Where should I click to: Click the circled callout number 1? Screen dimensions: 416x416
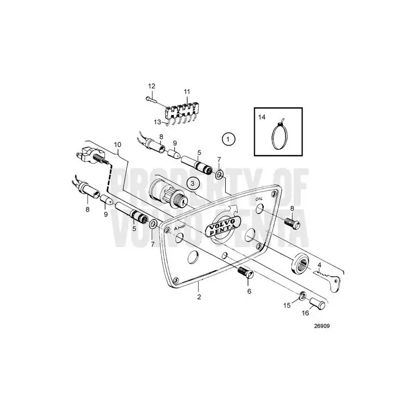(x=228, y=139)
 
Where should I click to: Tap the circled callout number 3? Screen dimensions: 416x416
(x=193, y=184)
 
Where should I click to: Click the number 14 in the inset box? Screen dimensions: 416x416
(x=262, y=117)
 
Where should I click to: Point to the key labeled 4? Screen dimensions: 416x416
(x=327, y=279)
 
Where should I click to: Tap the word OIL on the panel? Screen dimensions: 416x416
(x=258, y=199)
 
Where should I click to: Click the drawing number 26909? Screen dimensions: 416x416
(x=322, y=326)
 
